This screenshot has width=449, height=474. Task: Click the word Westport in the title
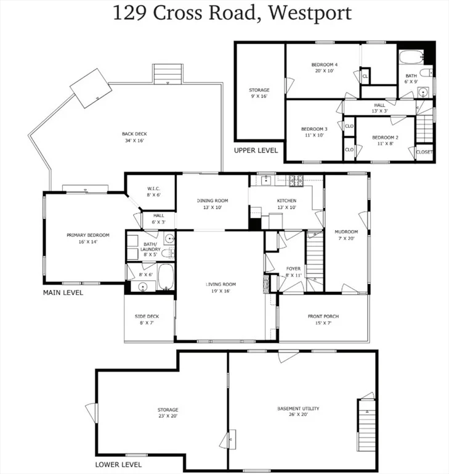pyautogui.click(x=310, y=13)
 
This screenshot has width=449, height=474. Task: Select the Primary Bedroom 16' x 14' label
pyautogui.click(x=88, y=238)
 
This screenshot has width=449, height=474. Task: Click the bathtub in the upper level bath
pyautogui.click(x=411, y=57)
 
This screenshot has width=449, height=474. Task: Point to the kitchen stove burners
pyautogui.click(x=296, y=180)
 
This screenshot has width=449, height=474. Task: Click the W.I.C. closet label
pyautogui.click(x=153, y=192)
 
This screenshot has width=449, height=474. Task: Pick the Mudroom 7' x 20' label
pyautogui.click(x=346, y=235)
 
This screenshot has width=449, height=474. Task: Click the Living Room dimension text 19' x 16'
pyautogui.click(x=221, y=291)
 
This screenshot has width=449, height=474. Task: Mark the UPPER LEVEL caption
pyautogui.click(x=256, y=150)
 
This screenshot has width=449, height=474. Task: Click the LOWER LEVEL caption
pyautogui.click(x=118, y=465)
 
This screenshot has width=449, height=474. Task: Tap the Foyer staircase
pyautogui.click(x=315, y=256)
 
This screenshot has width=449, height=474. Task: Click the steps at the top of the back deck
pyautogui.click(x=168, y=74)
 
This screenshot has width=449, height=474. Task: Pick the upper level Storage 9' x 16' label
pyautogui.click(x=259, y=93)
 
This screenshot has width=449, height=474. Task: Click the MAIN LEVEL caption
pyautogui.click(x=63, y=293)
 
